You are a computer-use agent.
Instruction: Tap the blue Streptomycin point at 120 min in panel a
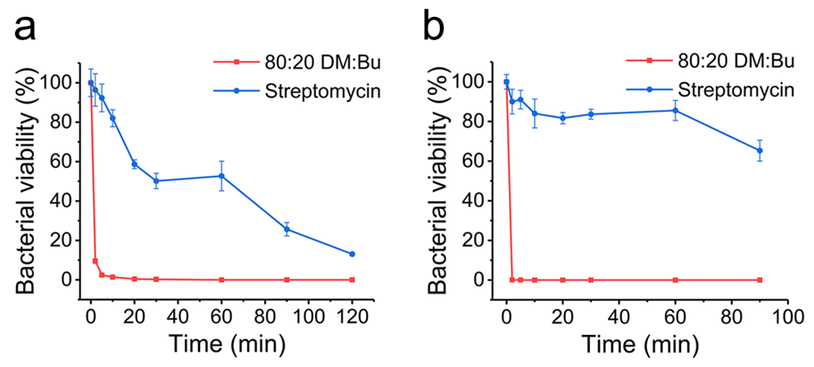(352, 254)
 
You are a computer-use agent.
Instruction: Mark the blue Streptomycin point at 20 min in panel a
(135, 164)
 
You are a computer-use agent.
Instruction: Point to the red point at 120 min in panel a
(352, 279)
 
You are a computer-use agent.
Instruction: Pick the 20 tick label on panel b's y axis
(478, 240)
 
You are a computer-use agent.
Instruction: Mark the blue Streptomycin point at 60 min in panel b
(676, 111)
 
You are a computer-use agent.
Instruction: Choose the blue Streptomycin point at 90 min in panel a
(287, 229)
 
